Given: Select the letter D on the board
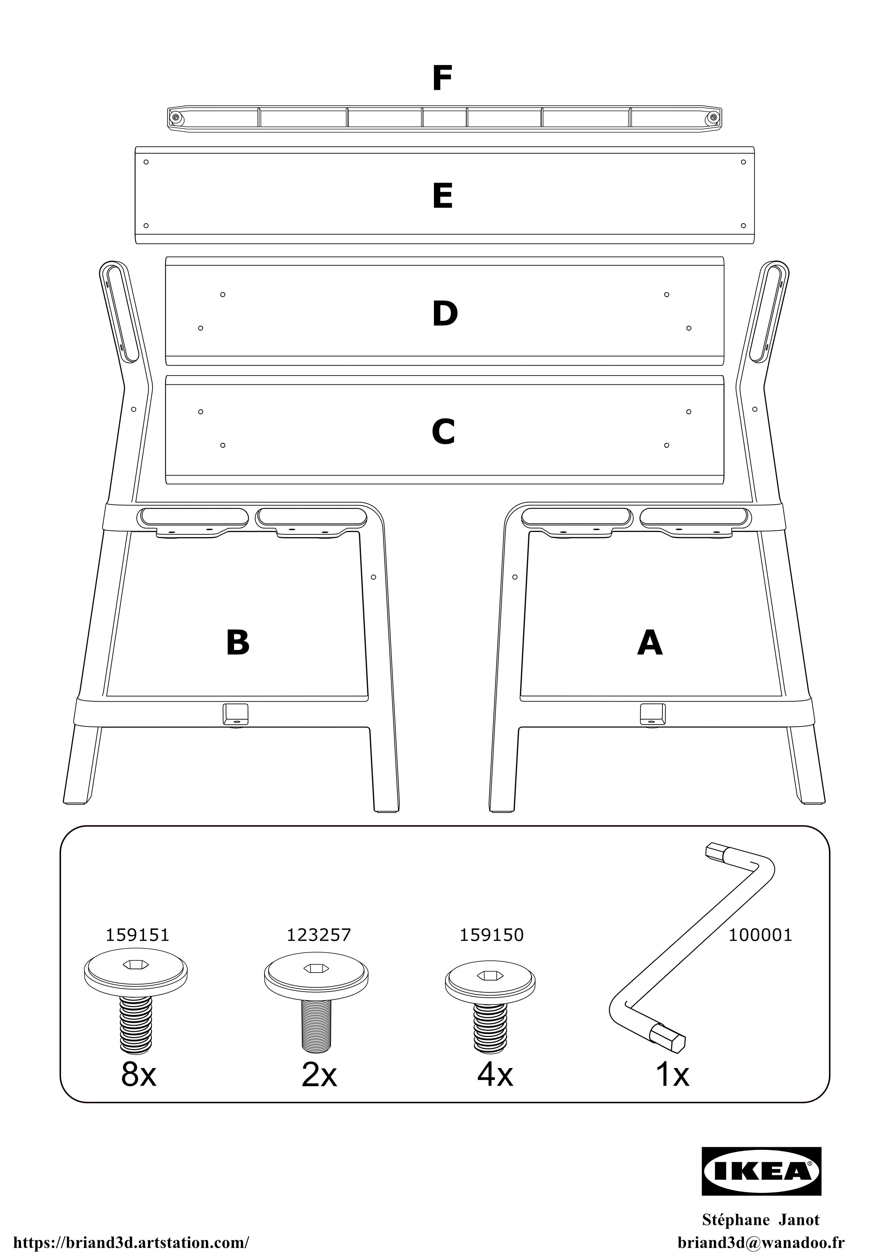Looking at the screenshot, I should click(445, 314).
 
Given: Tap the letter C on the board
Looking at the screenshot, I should click(443, 432).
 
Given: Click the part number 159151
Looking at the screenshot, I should click(137, 934).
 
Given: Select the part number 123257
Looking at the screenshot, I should click(319, 934).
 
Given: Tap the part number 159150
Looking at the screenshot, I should click(491, 934).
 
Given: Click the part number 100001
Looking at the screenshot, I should click(760, 934).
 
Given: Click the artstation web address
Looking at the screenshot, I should click(131, 1242).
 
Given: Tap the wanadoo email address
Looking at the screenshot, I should click(760, 1242).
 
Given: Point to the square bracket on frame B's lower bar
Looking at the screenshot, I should click(235, 714).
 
